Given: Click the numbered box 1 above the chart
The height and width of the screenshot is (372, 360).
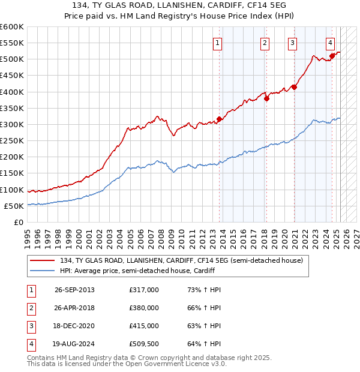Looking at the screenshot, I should pos(217,43).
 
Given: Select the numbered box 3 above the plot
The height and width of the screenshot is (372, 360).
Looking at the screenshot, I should pos(292,43).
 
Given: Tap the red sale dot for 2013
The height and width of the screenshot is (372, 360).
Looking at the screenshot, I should pos(219,119).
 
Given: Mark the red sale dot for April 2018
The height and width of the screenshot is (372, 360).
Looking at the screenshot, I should pos(266,98).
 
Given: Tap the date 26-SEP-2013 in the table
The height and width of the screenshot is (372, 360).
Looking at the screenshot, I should pos(74,290).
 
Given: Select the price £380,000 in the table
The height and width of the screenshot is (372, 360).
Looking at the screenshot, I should pos(144,308).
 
